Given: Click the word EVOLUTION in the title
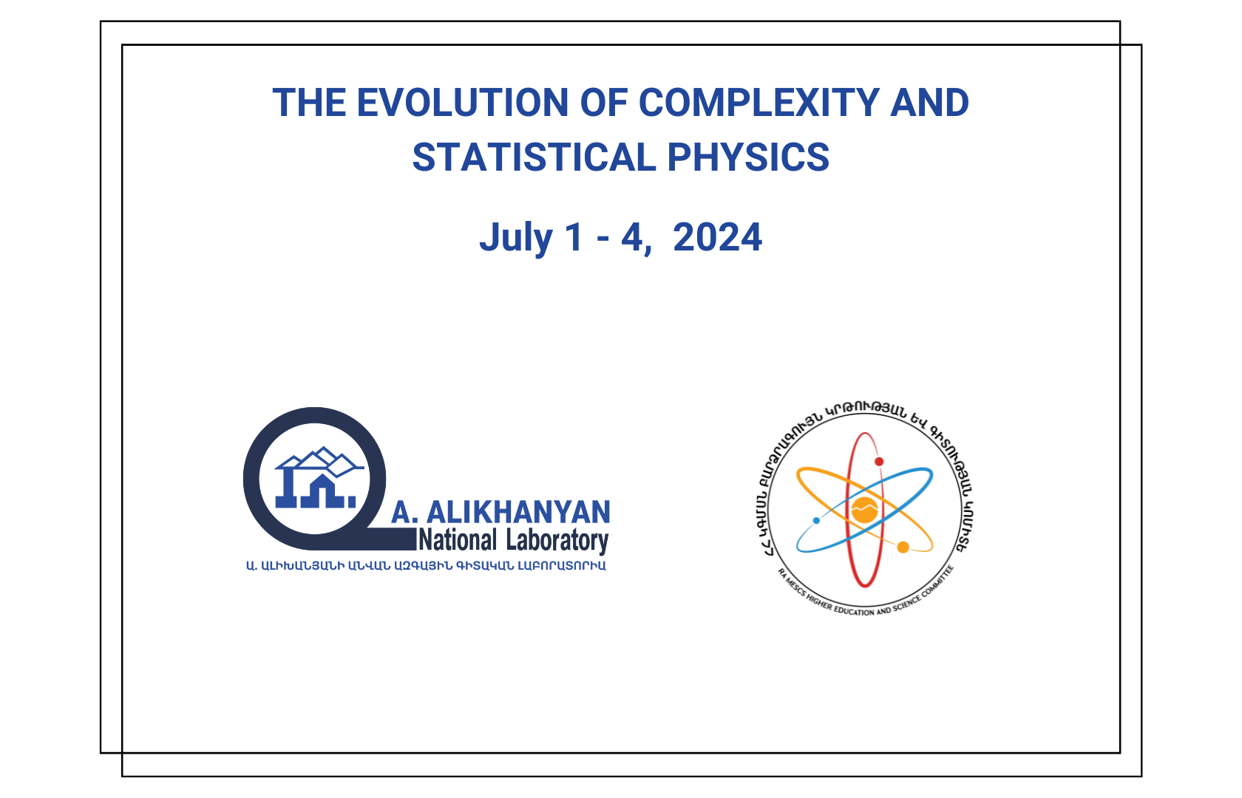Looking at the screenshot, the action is click(x=463, y=103).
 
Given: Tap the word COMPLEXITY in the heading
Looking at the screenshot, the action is click(x=759, y=103).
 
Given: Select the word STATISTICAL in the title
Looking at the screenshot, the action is click(x=534, y=157).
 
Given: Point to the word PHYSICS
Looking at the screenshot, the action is click(x=748, y=157).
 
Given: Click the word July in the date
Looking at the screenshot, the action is click(x=516, y=238).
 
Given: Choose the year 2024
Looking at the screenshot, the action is click(x=717, y=237).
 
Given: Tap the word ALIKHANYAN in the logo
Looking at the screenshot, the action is click(x=517, y=512).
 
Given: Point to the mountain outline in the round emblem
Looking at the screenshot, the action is click(x=319, y=462).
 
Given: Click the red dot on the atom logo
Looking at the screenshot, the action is click(x=879, y=462).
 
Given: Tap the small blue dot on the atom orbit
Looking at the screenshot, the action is click(x=816, y=521).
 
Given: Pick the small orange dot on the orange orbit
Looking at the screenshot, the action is click(x=903, y=548).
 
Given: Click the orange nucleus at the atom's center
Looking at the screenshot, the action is click(x=864, y=510).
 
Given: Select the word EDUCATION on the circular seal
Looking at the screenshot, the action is click(x=854, y=610).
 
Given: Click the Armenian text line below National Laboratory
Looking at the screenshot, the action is click(x=426, y=566).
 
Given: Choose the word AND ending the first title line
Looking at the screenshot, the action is click(x=929, y=103).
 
